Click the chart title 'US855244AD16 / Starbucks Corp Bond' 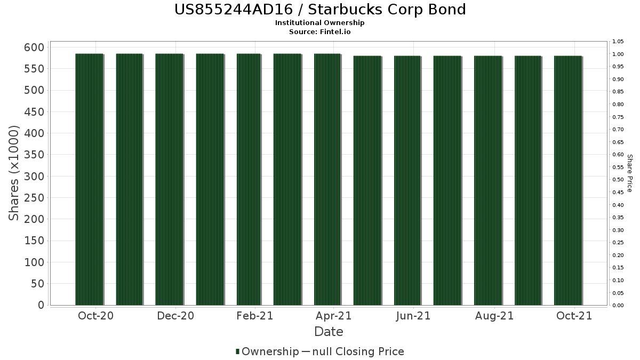click(x=320, y=10)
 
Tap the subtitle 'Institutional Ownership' click(x=319, y=23)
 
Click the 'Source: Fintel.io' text click(x=319, y=31)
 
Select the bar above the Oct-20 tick click(x=89, y=179)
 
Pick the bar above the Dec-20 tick click(x=169, y=179)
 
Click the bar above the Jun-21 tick click(x=407, y=181)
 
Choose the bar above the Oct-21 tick click(x=568, y=181)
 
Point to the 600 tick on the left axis click(x=34, y=47)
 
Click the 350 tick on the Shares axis click(x=34, y=155)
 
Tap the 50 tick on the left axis click(x=38, y=284)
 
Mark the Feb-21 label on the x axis click(x=255, y=316)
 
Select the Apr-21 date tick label click(x=333, y=316)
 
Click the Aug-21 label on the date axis click(x=494, y=316)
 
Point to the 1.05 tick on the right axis click(x=618, y=42)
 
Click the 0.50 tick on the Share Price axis click(x=618, y=180)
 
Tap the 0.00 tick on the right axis click(x=618, y=306)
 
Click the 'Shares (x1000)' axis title click(x=13, y=173)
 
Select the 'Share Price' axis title click(x=629, y=173)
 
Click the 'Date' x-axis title click(x=329, y=332)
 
